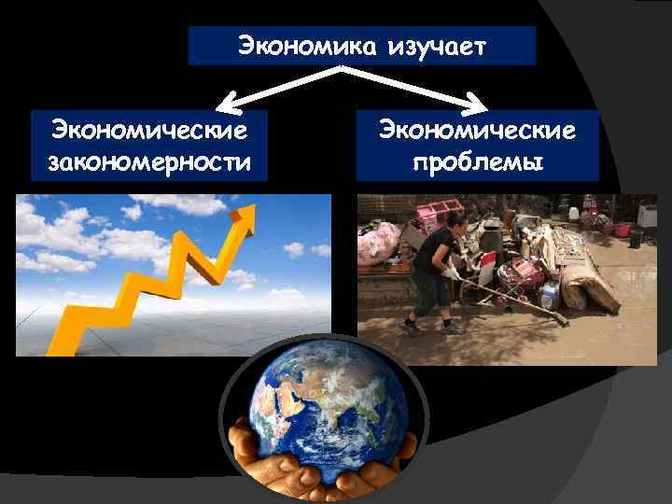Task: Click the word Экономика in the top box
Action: click(304, 46)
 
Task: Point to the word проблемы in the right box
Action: click(477, 163)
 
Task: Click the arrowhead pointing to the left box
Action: click(223, 101)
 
